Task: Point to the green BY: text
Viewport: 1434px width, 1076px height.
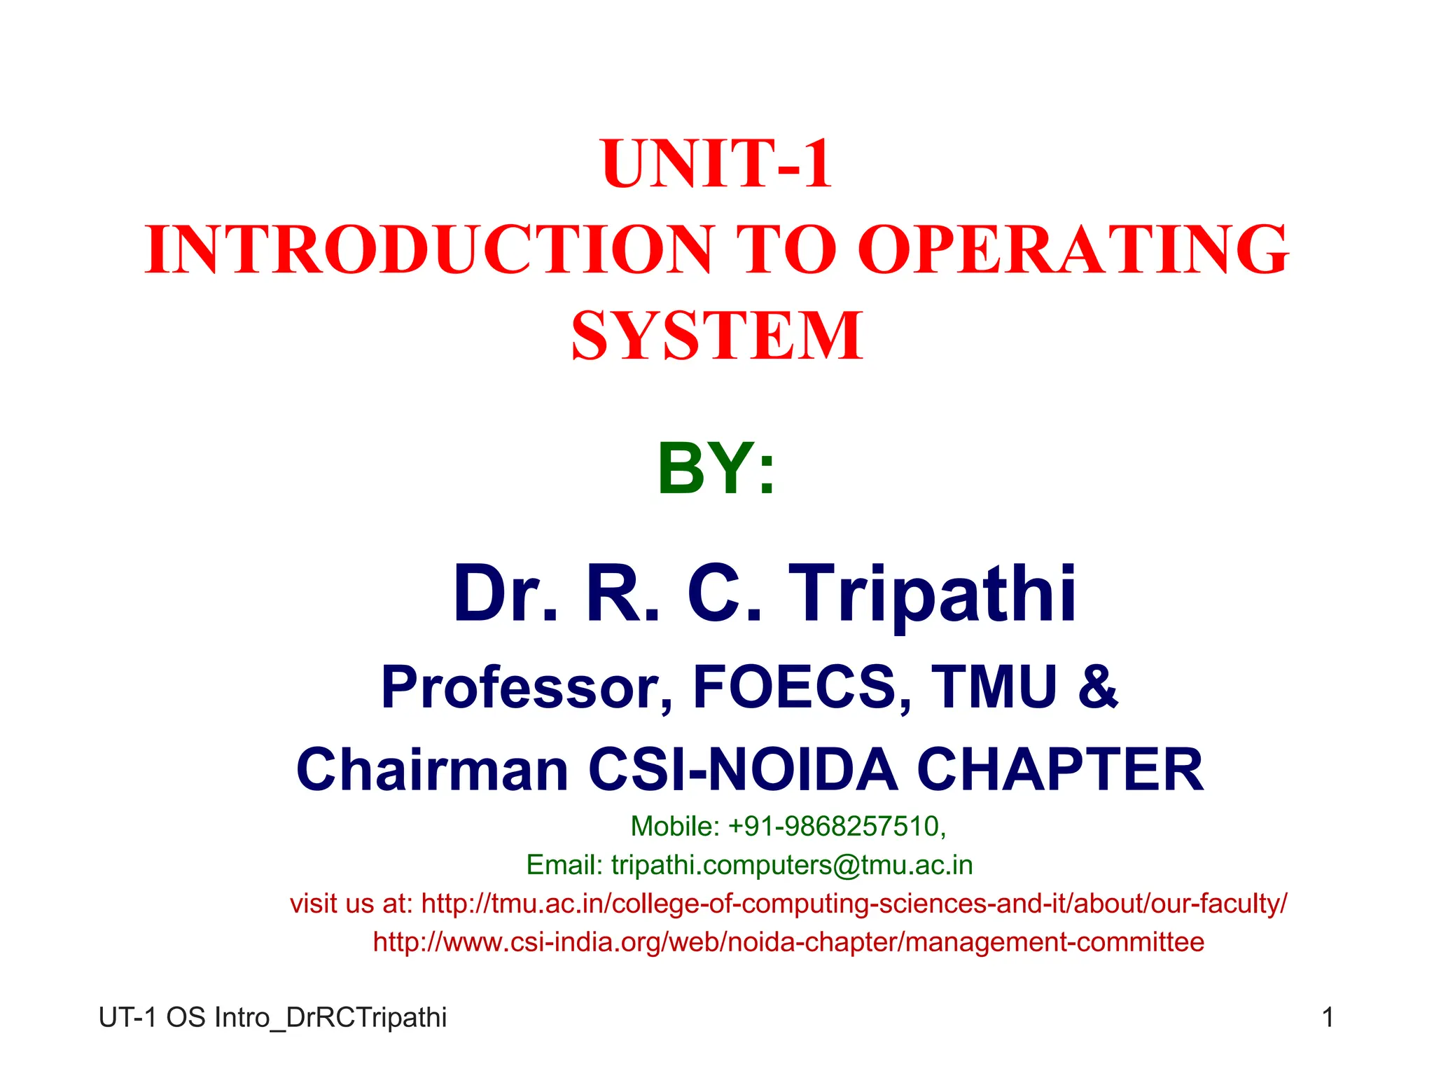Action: [x=716, y=469]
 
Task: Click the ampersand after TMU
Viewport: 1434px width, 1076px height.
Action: [x=1098, y=687]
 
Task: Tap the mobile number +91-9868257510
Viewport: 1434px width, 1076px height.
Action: [x=837, y=827]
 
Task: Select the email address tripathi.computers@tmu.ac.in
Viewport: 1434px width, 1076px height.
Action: [x=792, y=865]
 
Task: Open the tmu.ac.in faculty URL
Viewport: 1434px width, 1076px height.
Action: [x=854, y=904]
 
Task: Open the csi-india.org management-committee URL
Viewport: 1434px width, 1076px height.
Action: [x=788, y=942]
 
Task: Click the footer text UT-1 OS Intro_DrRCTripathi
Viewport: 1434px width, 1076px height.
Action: [x=272, y=1017]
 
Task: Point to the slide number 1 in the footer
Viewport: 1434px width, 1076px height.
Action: [x=1328, y=1017]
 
